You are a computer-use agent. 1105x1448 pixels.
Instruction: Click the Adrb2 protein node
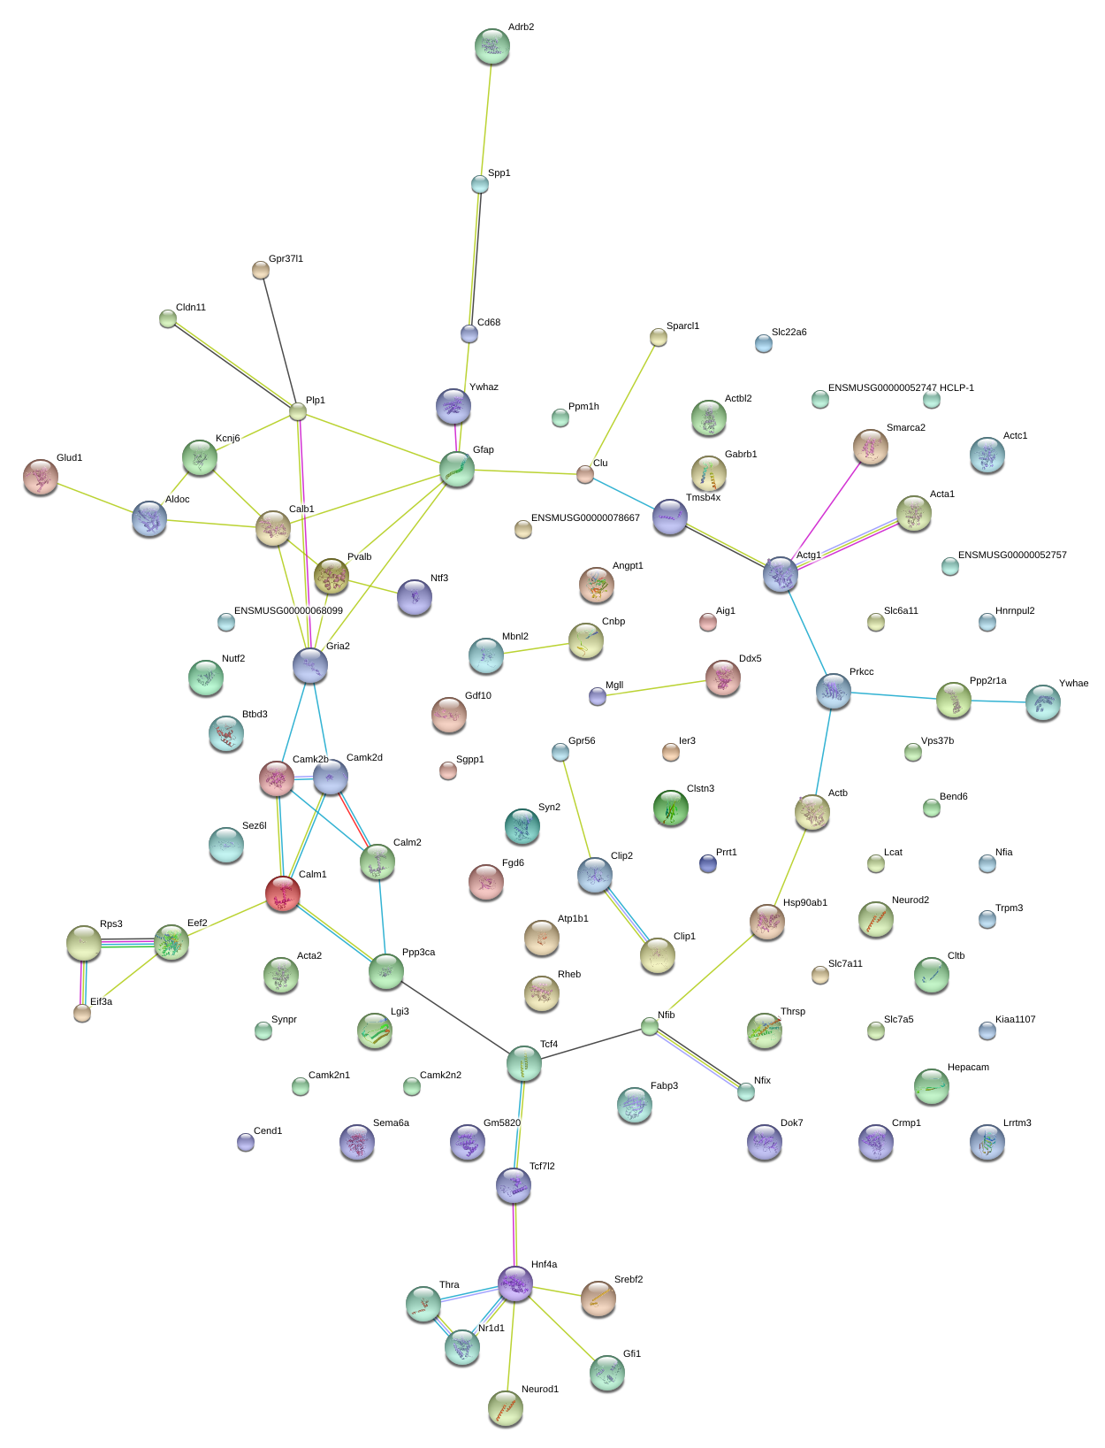coord(492,46)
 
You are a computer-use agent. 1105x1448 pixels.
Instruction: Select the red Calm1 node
coord(282,893)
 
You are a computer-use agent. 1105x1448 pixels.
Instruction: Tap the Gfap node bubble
coord(456,469)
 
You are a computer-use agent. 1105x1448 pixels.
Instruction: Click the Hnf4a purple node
coord(514,1283)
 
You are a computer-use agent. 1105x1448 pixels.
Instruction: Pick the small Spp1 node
coord(479,184)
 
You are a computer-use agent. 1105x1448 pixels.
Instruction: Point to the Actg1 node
coord(780,574)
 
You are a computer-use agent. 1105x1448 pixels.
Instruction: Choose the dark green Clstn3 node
coord(670,808)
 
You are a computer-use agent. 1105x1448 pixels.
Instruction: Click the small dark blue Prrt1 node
coord(707,862)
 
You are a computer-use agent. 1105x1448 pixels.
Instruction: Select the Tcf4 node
coord(523,1062)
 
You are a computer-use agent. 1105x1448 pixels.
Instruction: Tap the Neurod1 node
coord(505,1408)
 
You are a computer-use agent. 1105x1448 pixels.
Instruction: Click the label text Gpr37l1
coord(286,258)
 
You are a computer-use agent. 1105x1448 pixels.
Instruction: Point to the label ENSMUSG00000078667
coord(585,517)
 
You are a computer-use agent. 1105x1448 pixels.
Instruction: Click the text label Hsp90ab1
coord(804,902)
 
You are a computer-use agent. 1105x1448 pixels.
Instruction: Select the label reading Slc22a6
coord(789,332)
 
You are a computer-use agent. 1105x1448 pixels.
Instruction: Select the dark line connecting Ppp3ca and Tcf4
coord(455,1016)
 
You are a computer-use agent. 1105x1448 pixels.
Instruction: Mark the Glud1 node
coord(40,477)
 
